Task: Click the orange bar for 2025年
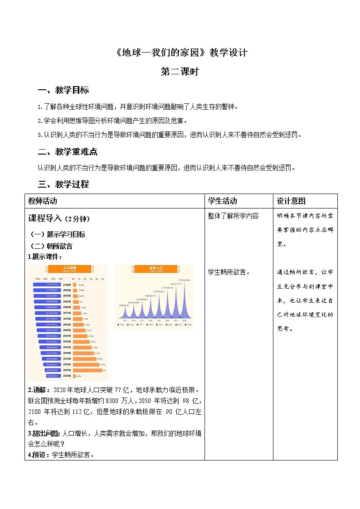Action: [89, 370]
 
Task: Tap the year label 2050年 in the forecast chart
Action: [67, 341]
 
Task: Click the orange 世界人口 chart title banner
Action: [154, 269]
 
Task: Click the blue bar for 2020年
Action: [54, 376]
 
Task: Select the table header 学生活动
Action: [222, 201]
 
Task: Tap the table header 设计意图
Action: [291, 201]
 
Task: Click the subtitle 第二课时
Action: [180, 72]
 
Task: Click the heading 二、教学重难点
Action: [68, 151]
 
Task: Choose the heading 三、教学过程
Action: [63, 184]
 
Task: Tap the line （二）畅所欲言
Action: [51, 246]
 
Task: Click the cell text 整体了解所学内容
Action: [233, 216]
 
